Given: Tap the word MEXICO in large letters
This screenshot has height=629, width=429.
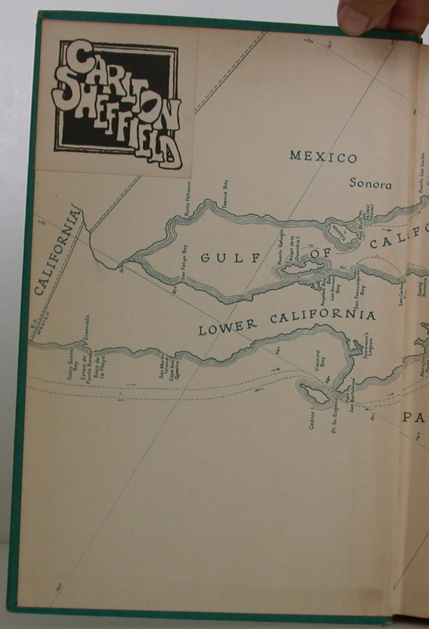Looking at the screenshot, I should tap(323, 157).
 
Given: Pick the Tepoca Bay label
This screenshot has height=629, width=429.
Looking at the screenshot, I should tap(225, 195).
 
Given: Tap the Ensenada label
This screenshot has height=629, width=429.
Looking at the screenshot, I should tap(86, 328).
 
